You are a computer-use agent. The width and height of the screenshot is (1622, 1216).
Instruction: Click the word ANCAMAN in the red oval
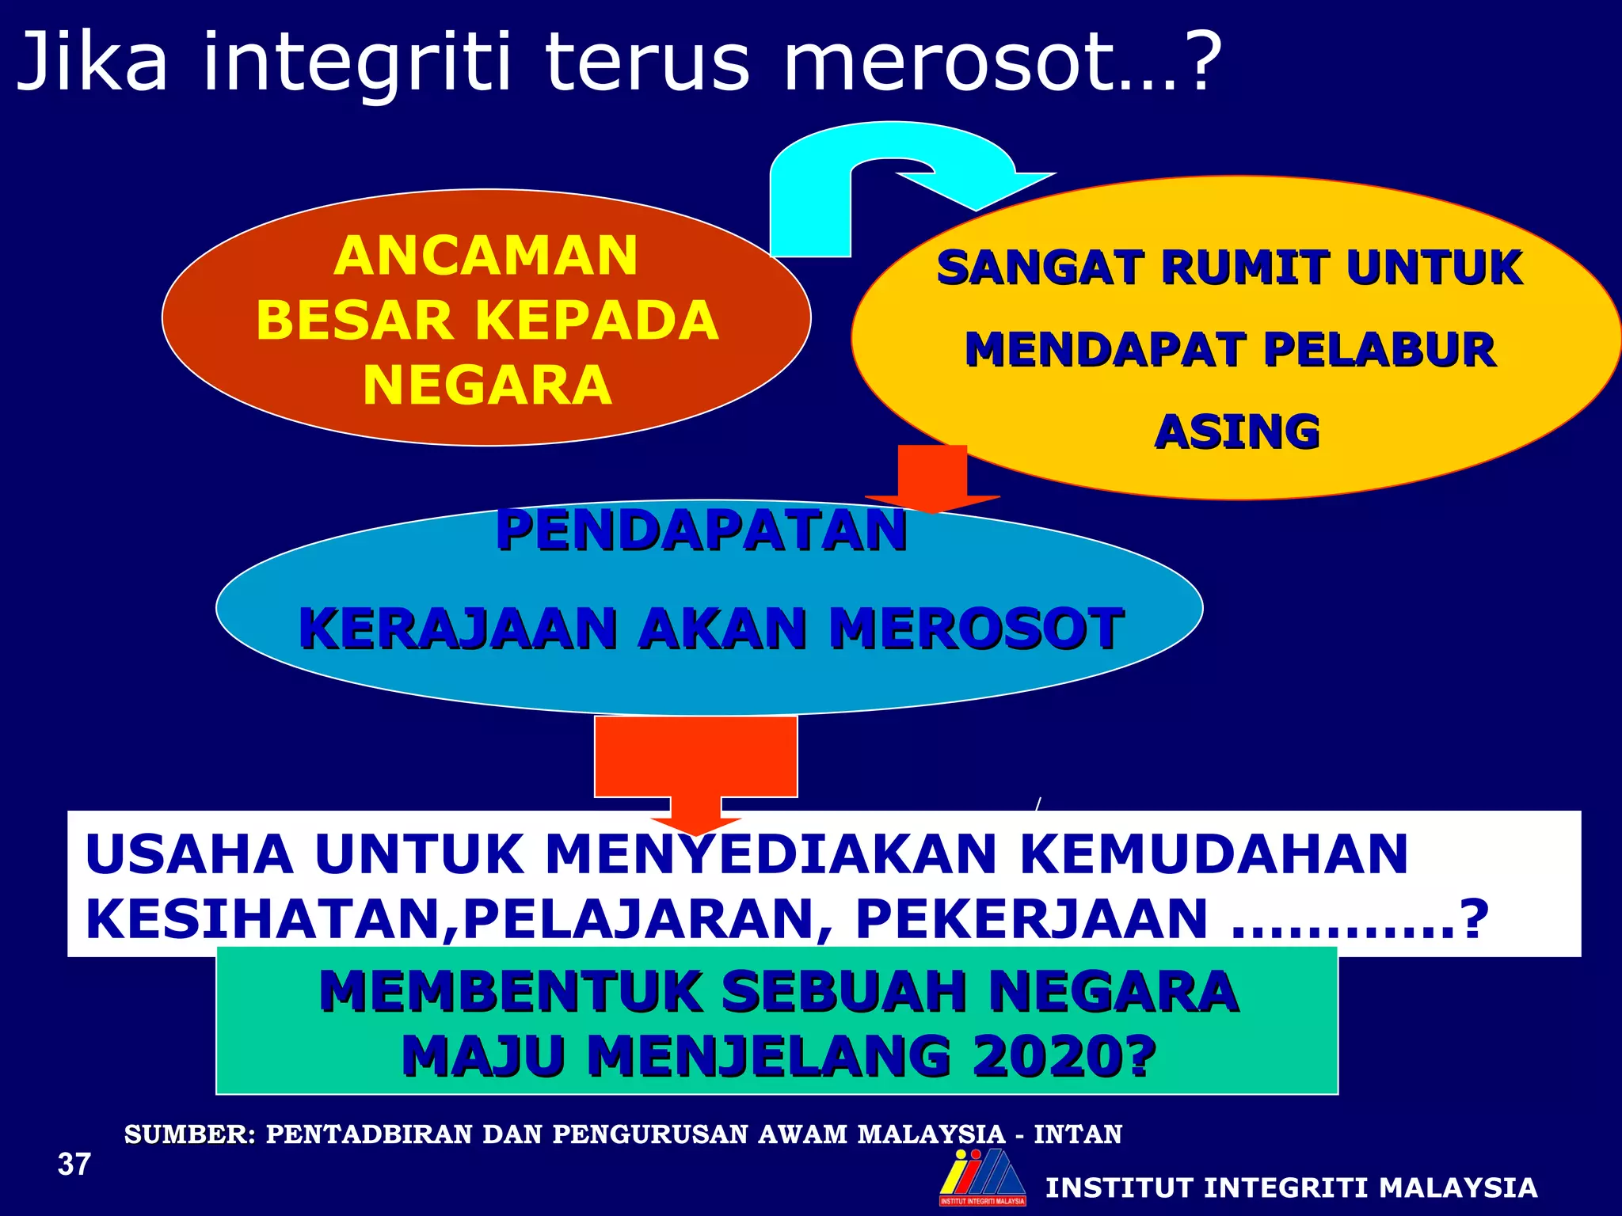[x=485, y=256]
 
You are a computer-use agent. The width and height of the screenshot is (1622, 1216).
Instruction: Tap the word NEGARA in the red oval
[x=487, y=386]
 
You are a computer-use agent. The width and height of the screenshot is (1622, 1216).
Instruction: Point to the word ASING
[x=1237, y=432]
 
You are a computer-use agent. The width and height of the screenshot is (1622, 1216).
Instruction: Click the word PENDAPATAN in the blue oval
[x=701, y=530]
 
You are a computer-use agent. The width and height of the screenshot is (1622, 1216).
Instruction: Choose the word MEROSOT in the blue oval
[x=976, y=629]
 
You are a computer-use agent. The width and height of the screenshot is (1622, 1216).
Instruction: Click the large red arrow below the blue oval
[x=695, y=768]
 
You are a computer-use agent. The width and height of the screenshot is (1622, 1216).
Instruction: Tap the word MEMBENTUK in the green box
[x=510, y=992]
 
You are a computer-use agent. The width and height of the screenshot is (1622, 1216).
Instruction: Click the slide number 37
[x=74, y=1165]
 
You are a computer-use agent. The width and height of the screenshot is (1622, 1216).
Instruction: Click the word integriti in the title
[x=356, y=63]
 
